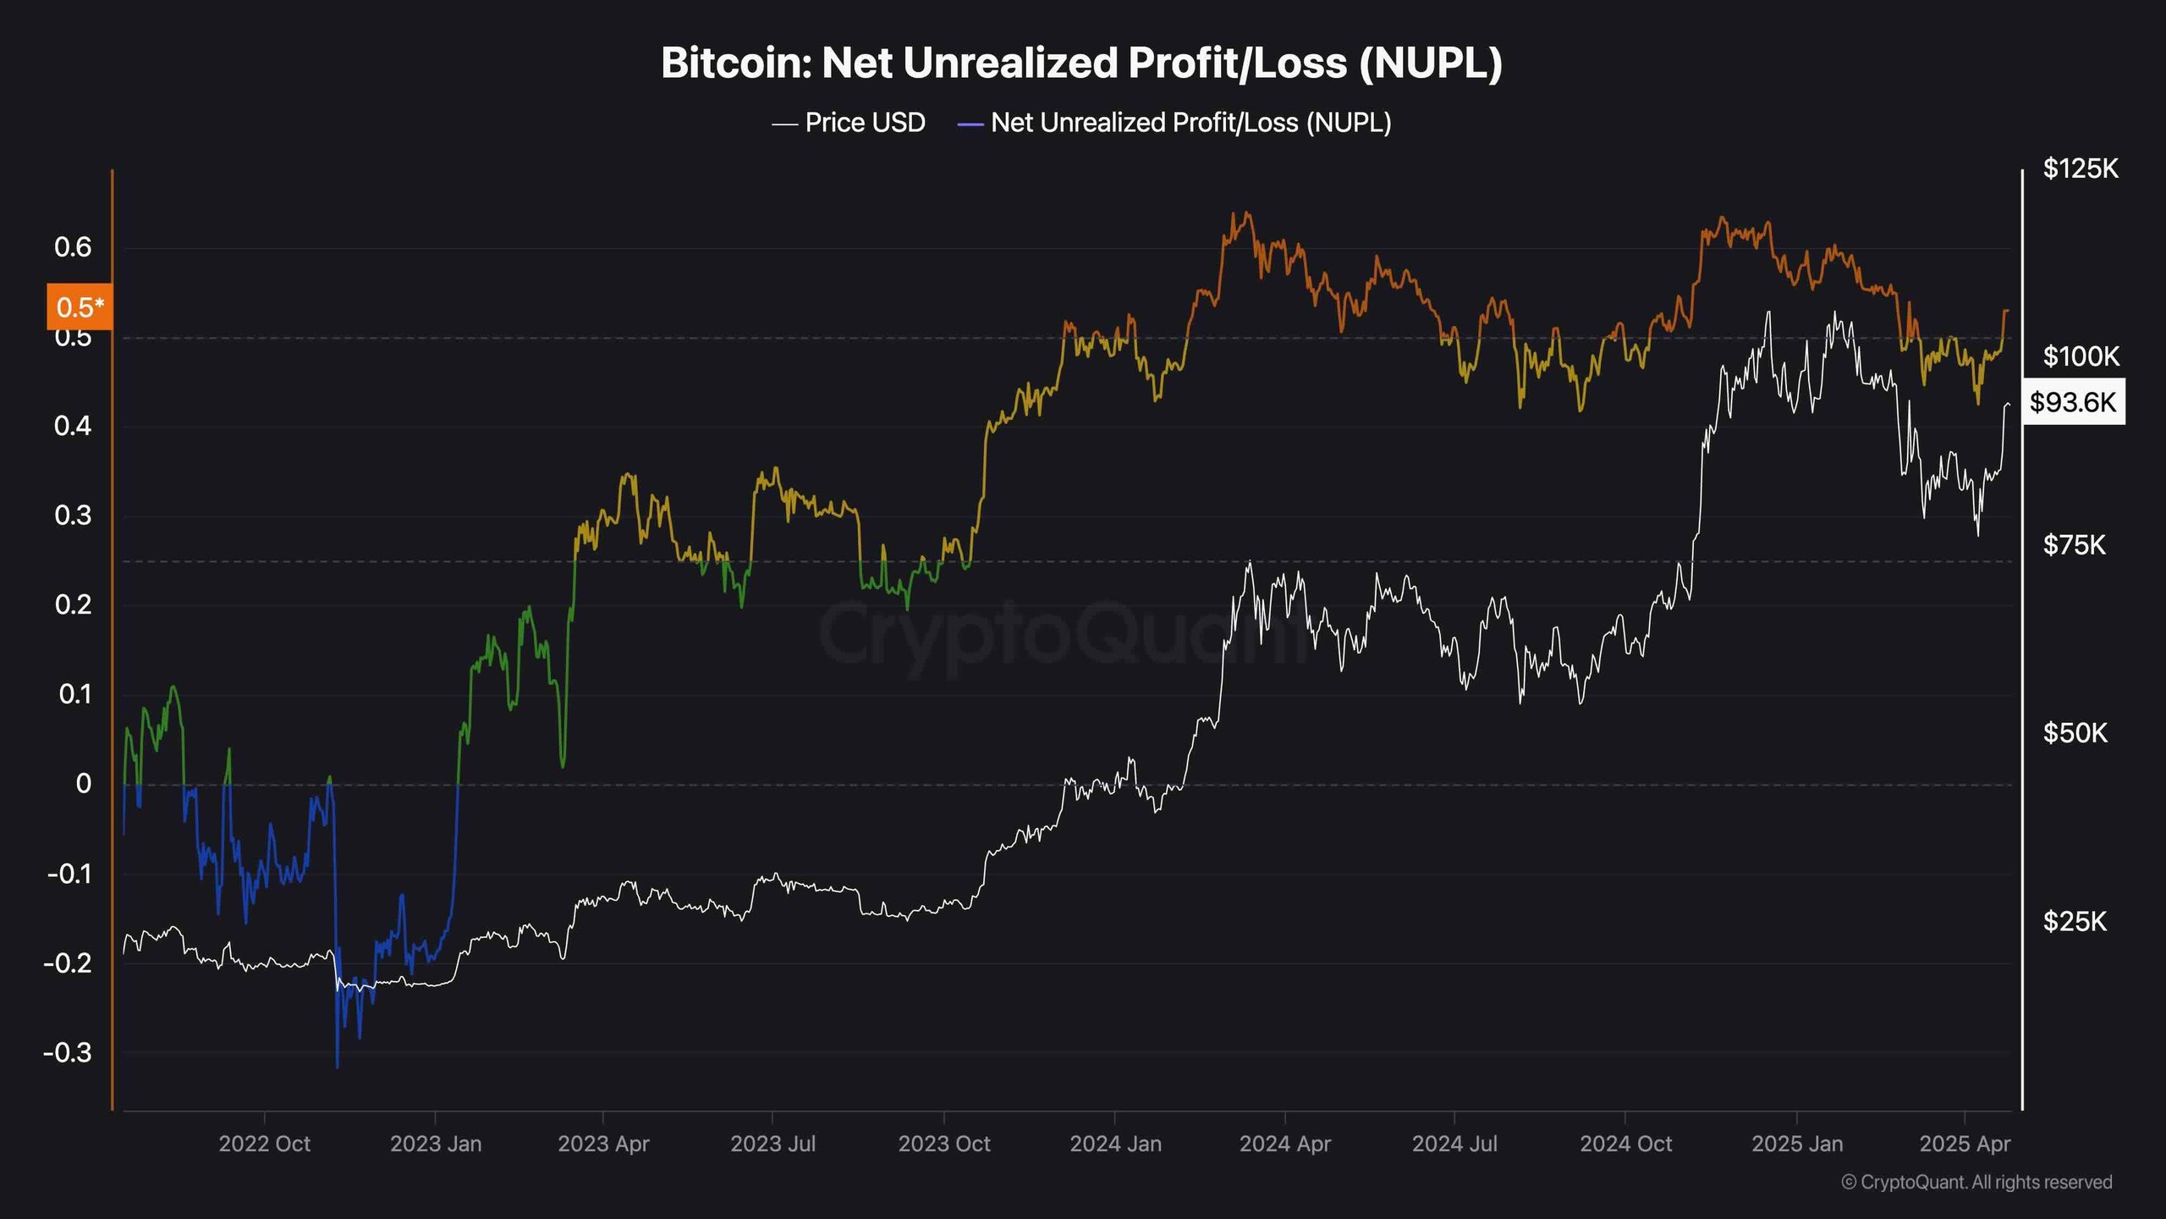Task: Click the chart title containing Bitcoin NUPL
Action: (x=1081, y=63)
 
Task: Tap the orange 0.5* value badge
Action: (x=80, y=306)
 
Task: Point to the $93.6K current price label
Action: (x=2072, y=402)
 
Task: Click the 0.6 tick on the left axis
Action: (x=73, y=247)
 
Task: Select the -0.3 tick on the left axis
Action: (x=68, y=1053)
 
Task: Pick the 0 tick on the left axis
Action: (x=83, y=784)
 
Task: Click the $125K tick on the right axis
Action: (x=2081, y=169)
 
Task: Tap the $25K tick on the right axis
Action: (x=2075, y=921)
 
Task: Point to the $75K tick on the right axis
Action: (x=2075, y=545)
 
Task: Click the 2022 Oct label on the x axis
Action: (x=264, y=1144)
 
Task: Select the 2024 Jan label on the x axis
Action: (x=1115, y=1144)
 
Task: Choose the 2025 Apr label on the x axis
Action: (x=1965, y=1144)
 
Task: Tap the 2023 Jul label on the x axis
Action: (x=772, y=1144)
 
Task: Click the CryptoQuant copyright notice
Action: (x=1976, y=1183)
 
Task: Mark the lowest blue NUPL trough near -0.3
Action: (x=338, y=1065)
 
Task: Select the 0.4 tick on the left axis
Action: (x=73, y=426)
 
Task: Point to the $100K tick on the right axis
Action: (x=2081, y=356)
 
